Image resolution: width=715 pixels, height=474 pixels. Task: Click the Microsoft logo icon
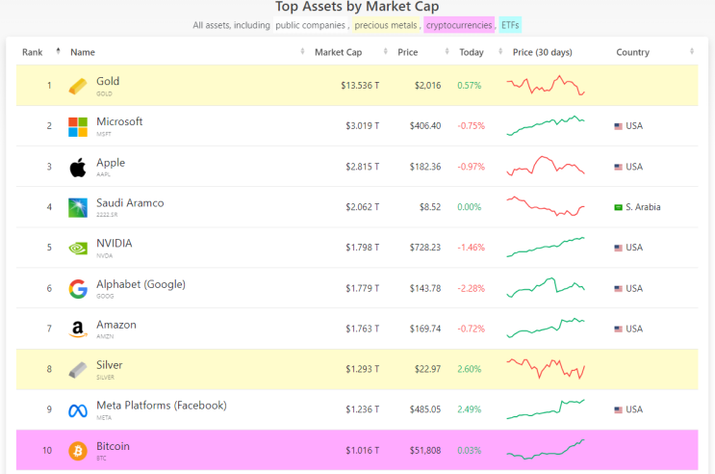point(78,126)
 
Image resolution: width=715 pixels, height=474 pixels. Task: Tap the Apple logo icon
point(78,167)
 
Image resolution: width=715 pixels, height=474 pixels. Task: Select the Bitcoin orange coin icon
point(78,451)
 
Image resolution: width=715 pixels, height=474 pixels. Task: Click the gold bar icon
point(78,86)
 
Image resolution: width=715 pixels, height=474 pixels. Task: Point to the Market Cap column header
point(337,52)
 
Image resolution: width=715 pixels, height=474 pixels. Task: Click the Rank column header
point(33,52)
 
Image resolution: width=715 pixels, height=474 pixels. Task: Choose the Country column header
point(632,52)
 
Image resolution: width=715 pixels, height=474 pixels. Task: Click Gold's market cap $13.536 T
point(360,86)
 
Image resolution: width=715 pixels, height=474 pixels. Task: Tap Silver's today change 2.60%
point(470,369)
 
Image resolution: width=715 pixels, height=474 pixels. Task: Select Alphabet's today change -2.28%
point(472,288)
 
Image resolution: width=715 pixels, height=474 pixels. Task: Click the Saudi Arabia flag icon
point(618,207)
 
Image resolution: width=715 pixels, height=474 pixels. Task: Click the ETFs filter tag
point(510,25)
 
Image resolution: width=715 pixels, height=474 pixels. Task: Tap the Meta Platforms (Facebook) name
point(161,406)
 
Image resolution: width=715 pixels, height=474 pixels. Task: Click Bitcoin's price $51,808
point(422,450)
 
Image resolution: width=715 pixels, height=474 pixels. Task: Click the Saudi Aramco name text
point(130,203)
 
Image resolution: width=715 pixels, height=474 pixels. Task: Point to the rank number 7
point(49,329)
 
